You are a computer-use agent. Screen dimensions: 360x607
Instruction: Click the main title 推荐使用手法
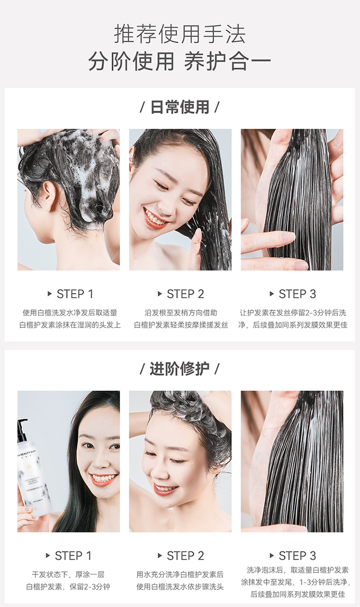point(180,34)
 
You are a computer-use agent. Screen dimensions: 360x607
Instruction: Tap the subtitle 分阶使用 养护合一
point(180,61)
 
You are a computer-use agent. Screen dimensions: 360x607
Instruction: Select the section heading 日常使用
point(180,107)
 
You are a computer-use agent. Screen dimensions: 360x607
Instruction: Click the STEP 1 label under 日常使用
point(75,294)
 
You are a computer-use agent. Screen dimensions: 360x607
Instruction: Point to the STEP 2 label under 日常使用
point(185,294)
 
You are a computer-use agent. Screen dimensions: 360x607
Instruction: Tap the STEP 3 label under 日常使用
point(298,294)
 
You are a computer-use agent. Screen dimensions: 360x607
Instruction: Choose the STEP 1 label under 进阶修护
point(73,556)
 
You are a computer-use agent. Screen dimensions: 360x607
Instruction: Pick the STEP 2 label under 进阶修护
point(185,556)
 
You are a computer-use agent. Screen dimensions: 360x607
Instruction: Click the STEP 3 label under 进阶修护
point(298,556)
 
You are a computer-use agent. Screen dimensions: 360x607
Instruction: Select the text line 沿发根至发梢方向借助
point(181,313)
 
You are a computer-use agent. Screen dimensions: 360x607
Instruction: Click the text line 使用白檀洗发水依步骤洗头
point(180,587)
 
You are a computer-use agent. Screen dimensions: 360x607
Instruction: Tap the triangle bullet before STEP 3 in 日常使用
point(272,294)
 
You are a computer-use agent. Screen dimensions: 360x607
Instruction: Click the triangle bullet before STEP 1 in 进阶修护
point(48,556)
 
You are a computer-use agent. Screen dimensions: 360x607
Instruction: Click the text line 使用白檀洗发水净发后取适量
point(70,313)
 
